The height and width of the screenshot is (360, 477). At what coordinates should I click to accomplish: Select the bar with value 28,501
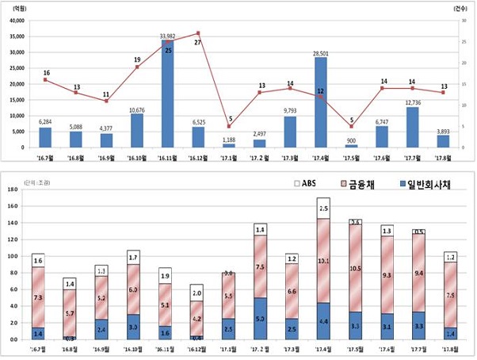[x=320, y=103]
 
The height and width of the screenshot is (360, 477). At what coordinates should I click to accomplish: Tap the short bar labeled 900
[x=351, y=146]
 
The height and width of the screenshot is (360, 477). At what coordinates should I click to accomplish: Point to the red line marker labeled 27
[x=198, y=33]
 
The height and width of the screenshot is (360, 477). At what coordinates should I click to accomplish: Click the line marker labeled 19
[x=137, y=67]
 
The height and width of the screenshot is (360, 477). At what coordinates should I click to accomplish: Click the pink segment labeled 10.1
[x=324, y=260]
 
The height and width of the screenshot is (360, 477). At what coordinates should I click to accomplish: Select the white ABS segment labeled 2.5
[x=324, y=209]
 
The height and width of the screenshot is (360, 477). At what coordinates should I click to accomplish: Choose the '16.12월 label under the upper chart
[x=198, y=156]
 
